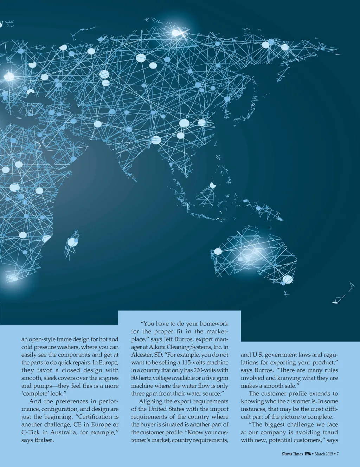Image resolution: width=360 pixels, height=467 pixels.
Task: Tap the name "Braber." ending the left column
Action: click(44, 440)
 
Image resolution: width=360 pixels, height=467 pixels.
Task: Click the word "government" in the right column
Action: click(281, 355)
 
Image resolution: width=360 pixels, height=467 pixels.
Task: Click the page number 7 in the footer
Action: click(337, 454)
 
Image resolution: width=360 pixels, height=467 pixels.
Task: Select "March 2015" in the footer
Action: click(323, 454)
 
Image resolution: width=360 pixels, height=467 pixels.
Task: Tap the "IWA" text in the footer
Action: click(308, 454)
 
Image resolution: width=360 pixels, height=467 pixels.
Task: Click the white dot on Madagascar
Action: click(73, 242)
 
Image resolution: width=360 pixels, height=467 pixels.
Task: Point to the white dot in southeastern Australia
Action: click(288, 279)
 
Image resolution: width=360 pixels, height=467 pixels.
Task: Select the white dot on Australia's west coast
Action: click(218, 251)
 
